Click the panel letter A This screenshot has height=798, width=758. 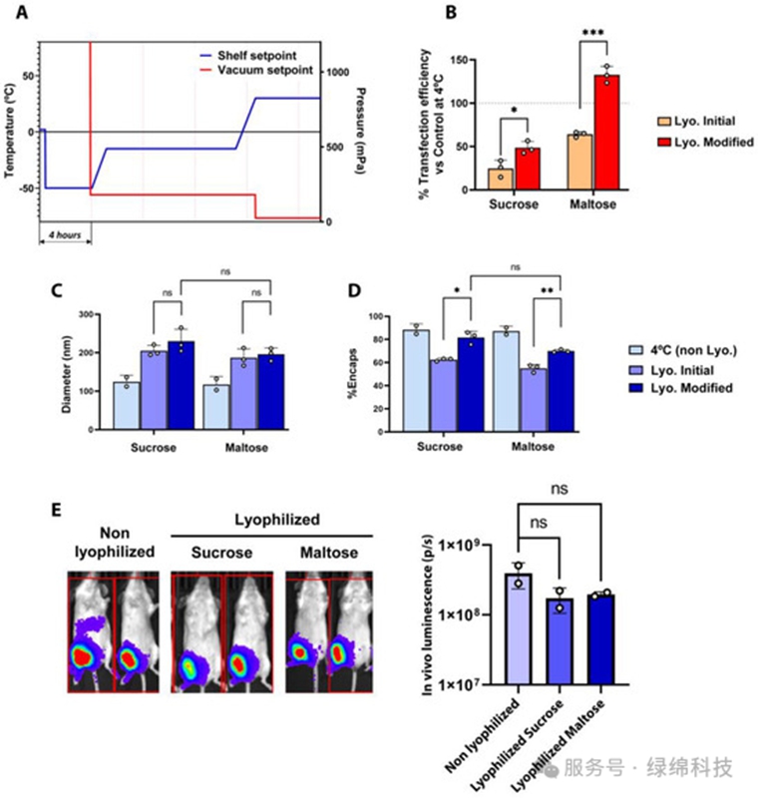21,12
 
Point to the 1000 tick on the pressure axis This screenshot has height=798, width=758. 338,72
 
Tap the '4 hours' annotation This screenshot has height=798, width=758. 65,235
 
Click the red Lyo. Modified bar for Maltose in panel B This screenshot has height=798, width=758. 606,133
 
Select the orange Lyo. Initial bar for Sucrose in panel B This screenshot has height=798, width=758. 501,180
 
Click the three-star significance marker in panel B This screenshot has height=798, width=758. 593,33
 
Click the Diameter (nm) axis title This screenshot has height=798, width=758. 66,374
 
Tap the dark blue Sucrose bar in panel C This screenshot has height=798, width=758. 182,385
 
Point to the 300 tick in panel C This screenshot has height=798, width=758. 86,314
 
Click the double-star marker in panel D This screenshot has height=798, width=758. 547,292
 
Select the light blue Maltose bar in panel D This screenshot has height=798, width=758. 507,382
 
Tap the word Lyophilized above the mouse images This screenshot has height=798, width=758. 276,520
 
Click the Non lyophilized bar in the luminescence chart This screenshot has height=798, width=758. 519,629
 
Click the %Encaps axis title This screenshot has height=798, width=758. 352,373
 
